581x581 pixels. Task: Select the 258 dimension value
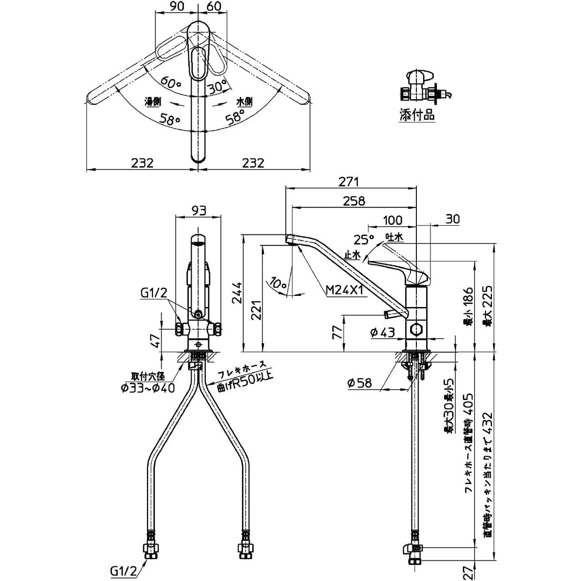coord(354,200)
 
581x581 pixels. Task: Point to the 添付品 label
coord(417,115)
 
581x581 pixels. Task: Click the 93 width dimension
coord(199,211)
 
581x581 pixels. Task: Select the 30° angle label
coord(218,87)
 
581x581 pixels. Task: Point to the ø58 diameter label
coord(359,382)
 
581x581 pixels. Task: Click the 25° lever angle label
coord(364,238)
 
